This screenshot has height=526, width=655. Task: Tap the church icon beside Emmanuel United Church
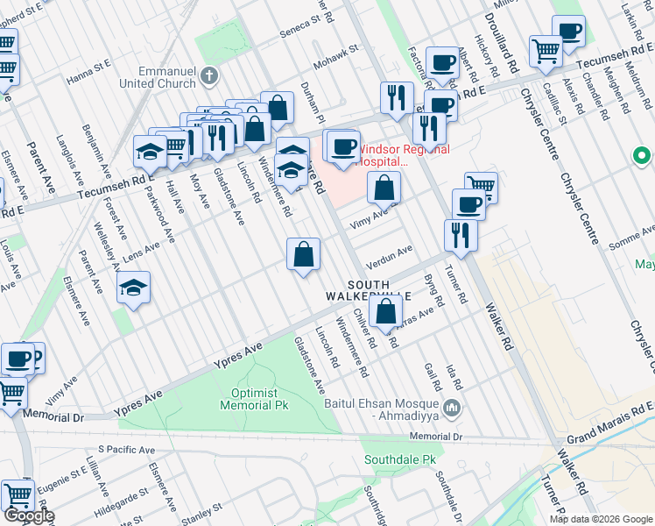(208, 75)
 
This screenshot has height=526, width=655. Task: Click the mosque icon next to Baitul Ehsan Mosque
(452, 407)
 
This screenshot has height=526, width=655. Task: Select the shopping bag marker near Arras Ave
(385, 310)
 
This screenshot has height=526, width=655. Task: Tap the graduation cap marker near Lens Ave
(132, 287)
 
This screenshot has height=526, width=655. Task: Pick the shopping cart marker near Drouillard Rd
(546, 51)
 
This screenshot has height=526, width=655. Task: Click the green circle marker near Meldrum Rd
(642, 157)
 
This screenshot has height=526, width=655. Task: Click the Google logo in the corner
(29, 515)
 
